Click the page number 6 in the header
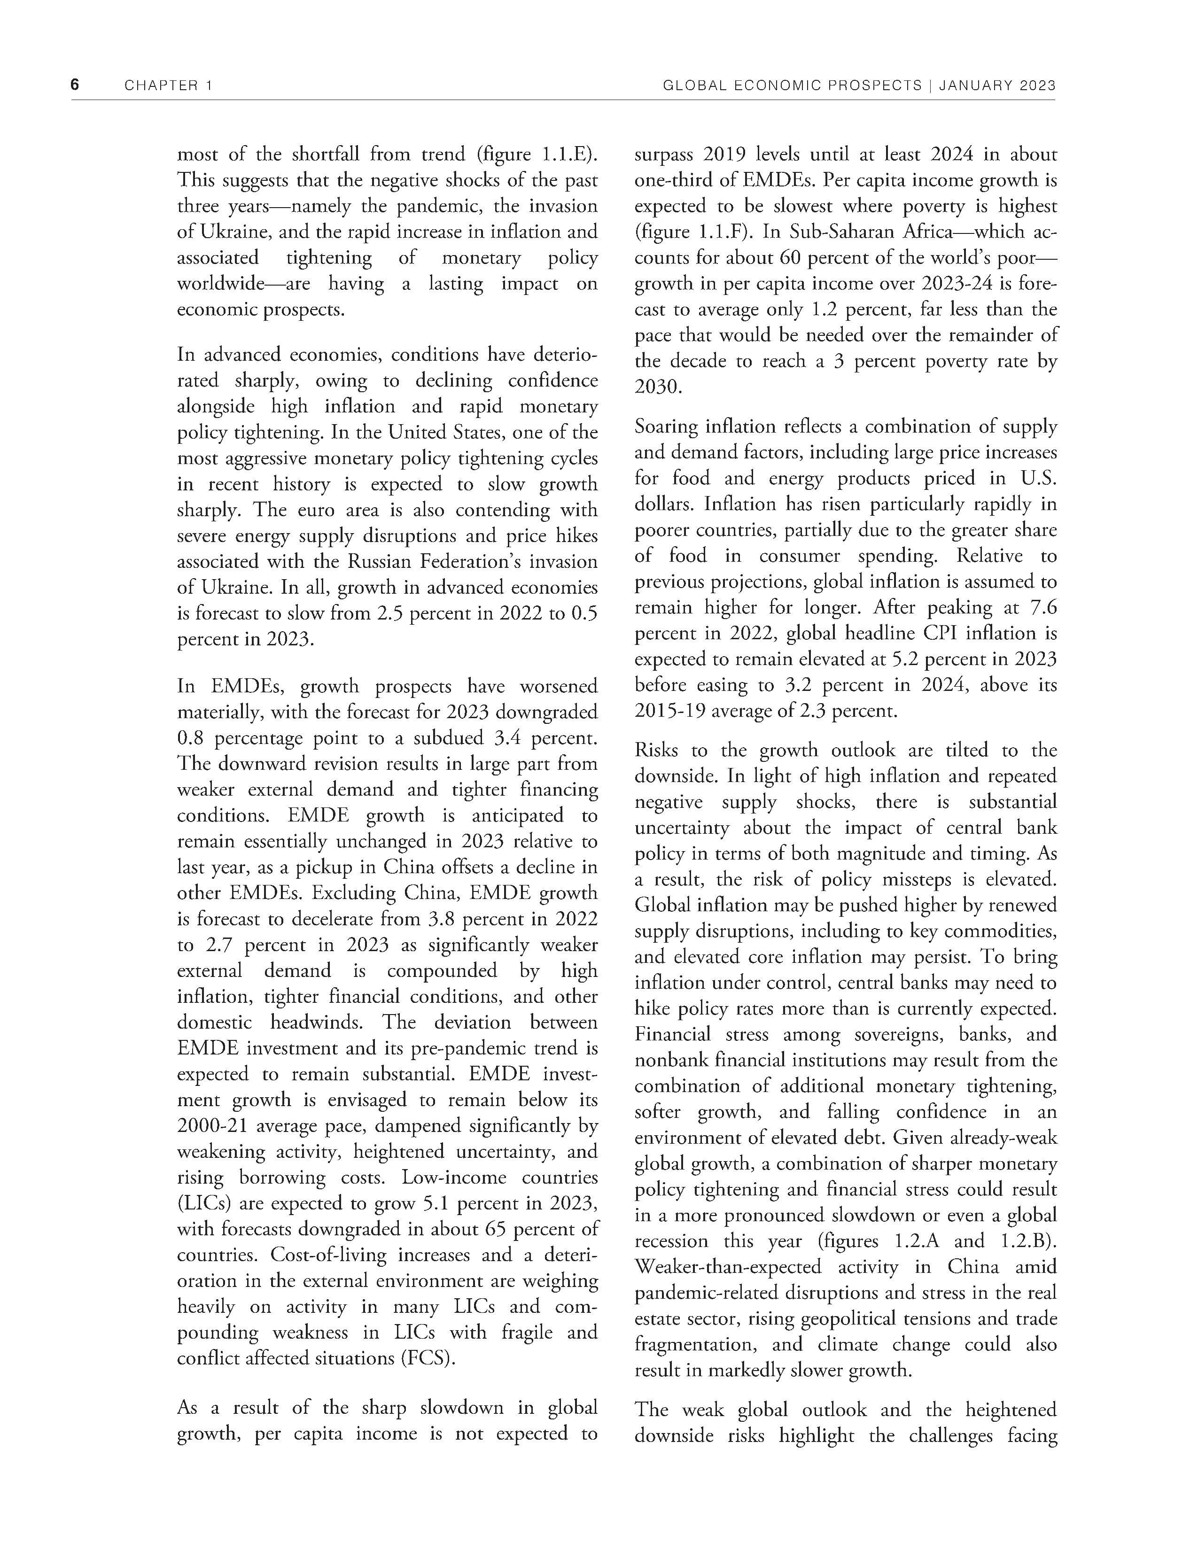point(75,85)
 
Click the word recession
point(671,1240)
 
